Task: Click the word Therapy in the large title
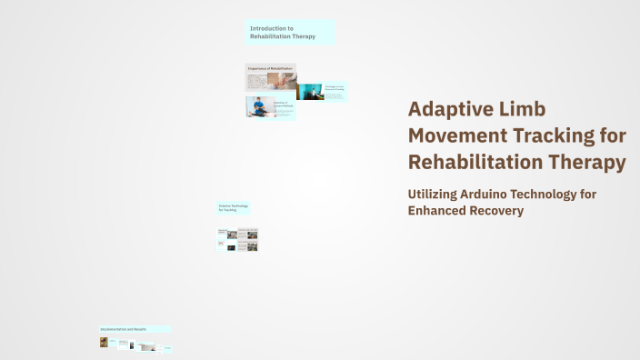(x=592, y=163)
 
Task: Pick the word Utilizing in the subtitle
(x=439, y=195)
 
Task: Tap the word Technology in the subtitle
(x=567, y=195)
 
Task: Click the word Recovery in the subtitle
(x=503, y=211)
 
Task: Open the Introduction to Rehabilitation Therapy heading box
(x=290, y=33)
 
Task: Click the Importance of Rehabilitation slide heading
(x=269, y=68)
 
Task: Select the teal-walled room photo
(x=311, y=92)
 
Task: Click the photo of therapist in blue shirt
(x=259, y=106)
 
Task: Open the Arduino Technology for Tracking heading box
(x=233, y=208)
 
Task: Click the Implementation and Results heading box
(x=135, y=328)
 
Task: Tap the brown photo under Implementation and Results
(x=104, y=343)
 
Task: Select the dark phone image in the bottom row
(x=133, y=345)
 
